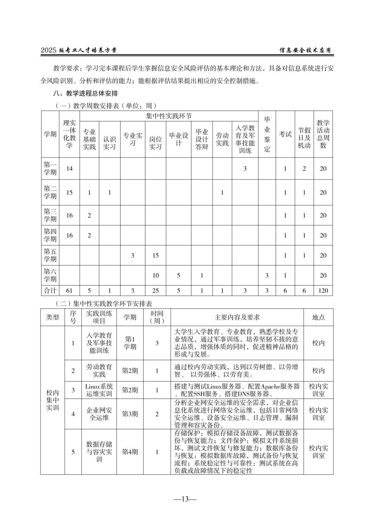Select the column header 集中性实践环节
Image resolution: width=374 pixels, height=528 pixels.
pos(169,116)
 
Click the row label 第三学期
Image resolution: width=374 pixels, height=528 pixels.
pos(50,216)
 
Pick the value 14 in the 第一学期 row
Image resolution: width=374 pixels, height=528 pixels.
pos(69,168)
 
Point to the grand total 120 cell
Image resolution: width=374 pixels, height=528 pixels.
pos(323,291)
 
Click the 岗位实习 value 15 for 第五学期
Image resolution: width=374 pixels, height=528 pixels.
pos(156,255)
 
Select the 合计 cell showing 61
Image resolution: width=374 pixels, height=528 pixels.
pos(69,291)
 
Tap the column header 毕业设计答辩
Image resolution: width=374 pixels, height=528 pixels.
pos(202,139)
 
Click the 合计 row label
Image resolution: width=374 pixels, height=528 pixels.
pos(50,291)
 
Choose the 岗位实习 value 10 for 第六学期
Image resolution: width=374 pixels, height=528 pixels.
pos(156,275)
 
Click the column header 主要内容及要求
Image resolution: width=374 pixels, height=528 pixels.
pos(237,317)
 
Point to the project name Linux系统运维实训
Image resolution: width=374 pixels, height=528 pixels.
pos(99,390)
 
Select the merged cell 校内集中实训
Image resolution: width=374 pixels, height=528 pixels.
pos(53,400)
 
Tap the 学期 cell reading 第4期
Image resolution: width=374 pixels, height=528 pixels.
pos(130,452)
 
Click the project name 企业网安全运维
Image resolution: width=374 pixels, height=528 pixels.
pos(99,414)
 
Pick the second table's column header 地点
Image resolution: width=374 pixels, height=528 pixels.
pos(318,317)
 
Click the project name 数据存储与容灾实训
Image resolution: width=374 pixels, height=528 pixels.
pos(99,452)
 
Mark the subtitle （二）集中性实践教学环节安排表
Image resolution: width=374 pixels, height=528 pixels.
pos(103,303)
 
